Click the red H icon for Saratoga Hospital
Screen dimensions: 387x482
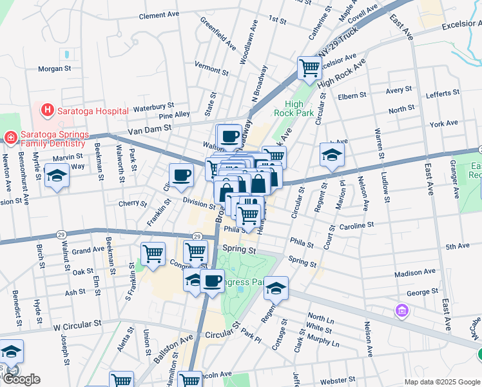point(47,110)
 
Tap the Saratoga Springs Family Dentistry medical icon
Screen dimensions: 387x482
point(10,137)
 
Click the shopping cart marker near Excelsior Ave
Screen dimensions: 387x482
point(309,67)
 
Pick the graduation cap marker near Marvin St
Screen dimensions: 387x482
point(57,175)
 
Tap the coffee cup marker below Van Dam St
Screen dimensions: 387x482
point(229,135)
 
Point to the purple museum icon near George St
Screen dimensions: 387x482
point(402,312)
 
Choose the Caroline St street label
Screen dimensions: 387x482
point(356,225)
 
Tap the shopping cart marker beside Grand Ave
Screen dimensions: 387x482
point(153,253)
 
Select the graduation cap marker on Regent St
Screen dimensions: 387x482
point(276,287)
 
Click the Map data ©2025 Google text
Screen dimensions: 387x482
point(441,382)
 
